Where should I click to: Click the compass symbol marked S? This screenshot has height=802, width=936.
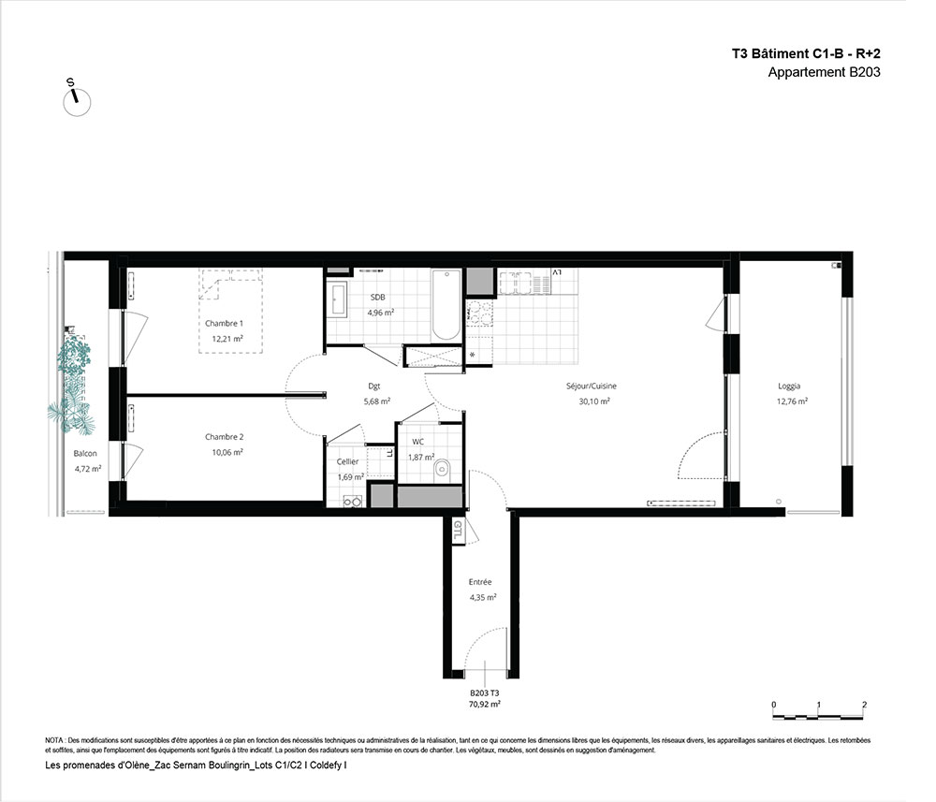77,100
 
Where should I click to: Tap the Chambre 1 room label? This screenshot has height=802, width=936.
224,324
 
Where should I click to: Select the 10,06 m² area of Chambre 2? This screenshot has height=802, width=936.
227,452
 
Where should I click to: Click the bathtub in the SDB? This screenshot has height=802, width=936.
446,305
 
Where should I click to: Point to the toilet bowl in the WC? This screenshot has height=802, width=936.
443,467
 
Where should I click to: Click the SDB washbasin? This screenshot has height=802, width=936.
337,299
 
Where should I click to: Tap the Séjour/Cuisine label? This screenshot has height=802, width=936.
592,386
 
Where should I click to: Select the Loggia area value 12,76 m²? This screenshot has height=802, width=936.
792,401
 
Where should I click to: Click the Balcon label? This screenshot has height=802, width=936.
85,454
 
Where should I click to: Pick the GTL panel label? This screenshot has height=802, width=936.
458,530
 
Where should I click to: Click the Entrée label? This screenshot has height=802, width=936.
480,582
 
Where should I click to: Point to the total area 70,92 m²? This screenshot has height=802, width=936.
485,704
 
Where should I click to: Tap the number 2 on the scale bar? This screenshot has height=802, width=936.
864,704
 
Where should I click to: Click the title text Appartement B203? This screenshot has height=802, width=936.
824,72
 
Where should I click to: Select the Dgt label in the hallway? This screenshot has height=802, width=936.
374,386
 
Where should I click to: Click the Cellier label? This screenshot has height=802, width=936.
348,462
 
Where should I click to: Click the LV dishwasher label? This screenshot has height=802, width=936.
556,272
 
